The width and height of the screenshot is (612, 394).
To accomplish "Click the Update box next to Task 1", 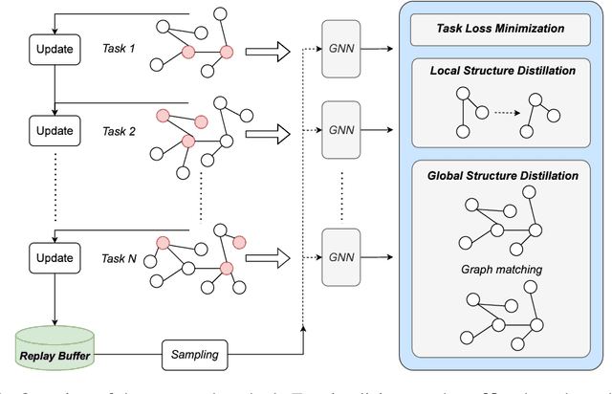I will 55,47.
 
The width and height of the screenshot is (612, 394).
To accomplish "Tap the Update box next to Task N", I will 55,258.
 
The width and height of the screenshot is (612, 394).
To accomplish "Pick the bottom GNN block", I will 345,257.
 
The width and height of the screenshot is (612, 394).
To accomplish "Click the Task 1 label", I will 120,48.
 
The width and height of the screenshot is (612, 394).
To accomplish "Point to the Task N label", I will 120,258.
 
